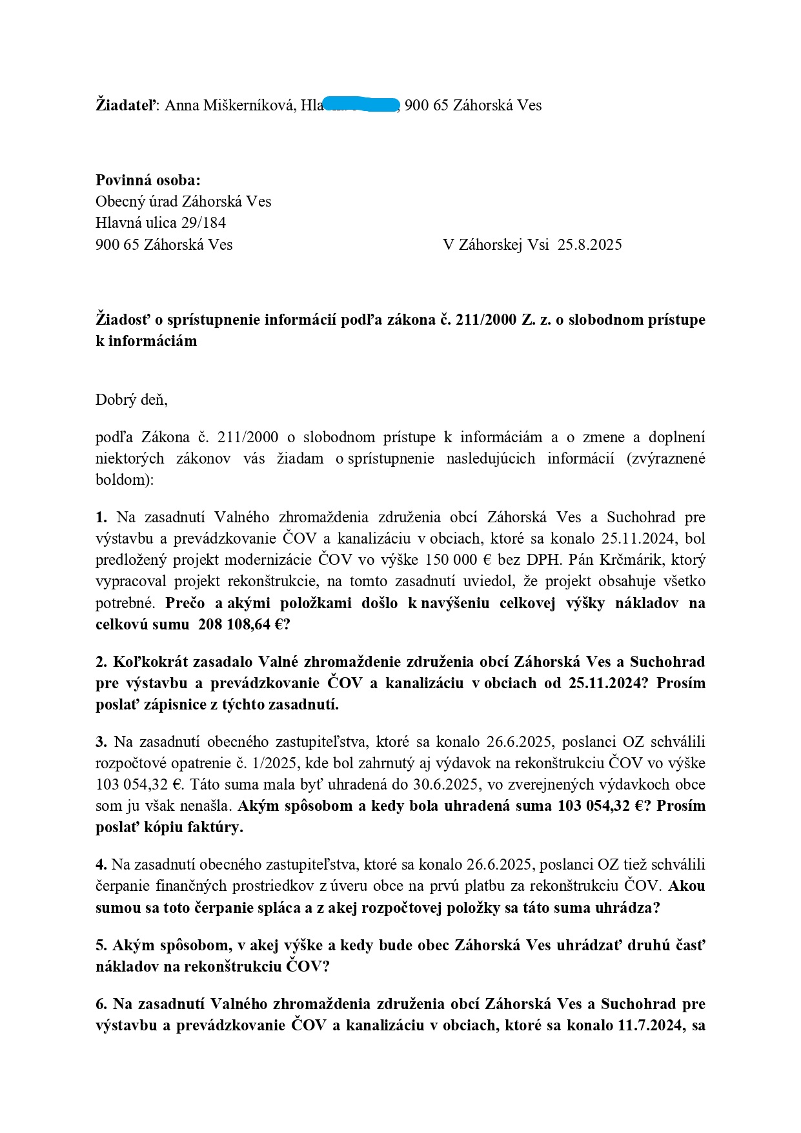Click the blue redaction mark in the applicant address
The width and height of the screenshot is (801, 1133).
pos(361,105)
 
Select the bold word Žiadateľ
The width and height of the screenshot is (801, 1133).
pos(126,105)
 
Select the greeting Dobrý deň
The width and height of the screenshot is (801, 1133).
pos(131,400)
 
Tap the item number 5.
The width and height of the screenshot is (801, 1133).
pos(101,945)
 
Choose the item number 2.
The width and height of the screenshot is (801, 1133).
pos(101,662)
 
